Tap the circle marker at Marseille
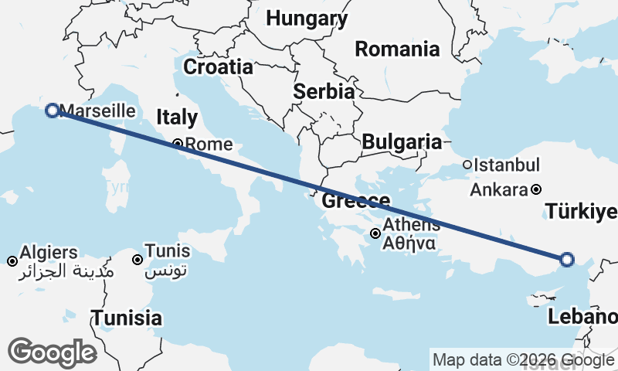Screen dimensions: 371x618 pyautogui.click(x=53, y=111)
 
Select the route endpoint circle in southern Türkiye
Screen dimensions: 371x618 pyautogui.click(x=567, y=260)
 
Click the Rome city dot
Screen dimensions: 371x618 pyautogui.click(x=177, y=143)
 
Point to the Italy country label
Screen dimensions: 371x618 pyautogui.click(x=177, y=117)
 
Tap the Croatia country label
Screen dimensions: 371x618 pyautogui.click(x=218, y=66)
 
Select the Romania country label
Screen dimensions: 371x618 pyautogui.click(x=397, y=49)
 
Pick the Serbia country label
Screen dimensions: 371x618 pyautogui.click(x=324, y=91)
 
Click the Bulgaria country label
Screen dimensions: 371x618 pyautogui.click(x=402, y=142)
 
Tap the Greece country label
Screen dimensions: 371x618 pyautogui.click(x=356, y=202)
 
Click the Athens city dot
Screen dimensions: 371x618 pyautogui.click(x=375, y=233)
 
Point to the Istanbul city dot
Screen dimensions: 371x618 pyautogui.click(x=467, y=165)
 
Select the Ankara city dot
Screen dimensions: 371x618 pyautogui.click(x=536, y=189)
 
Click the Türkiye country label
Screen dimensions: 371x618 pyautogui.click(x=581, y=212)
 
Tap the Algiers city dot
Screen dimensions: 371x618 pyautogui.click(x=12, y=261)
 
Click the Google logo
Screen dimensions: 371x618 pyautogui.click(x=52, y=352)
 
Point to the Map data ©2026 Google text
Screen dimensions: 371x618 pyautogui.click(x=523, y=360)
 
